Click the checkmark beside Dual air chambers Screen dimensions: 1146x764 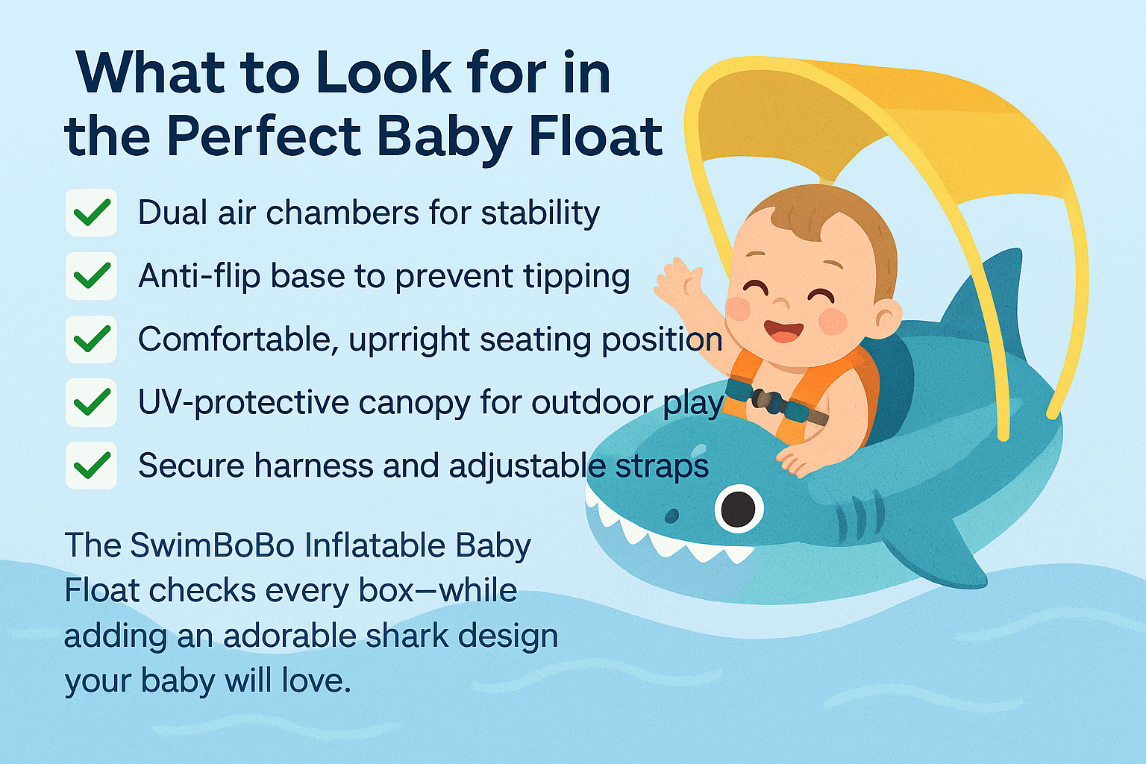click(92, 213)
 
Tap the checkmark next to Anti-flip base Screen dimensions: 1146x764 click(92, 276)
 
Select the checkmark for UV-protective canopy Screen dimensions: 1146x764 click(92, 403)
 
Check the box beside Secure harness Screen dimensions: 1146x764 click(92, 466)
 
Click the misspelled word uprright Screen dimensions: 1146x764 click(410, 340)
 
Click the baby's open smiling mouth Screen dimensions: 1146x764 click(784, 331)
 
